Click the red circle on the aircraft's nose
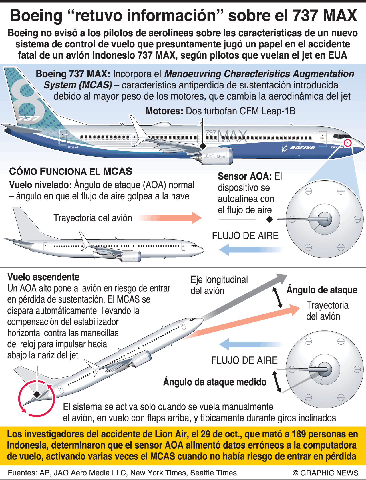click(x=347, y=143)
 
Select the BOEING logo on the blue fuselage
click(x=299, y=148)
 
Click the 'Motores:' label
click(x=164, y=111)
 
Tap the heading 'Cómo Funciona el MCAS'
click(x=71, y=171)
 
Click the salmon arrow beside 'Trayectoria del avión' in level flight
click(x=170, y=218)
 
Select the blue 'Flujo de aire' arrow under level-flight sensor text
click(x=251, y=250)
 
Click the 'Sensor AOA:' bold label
click(x=245, y=176)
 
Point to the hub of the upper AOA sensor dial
click(x=325, y=219)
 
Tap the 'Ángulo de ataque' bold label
click(x=322, y=290)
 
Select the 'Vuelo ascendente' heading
click(x=43, y=277)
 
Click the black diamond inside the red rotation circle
click(x=37, y=394)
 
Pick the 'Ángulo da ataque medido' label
click(x=215, y=382)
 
